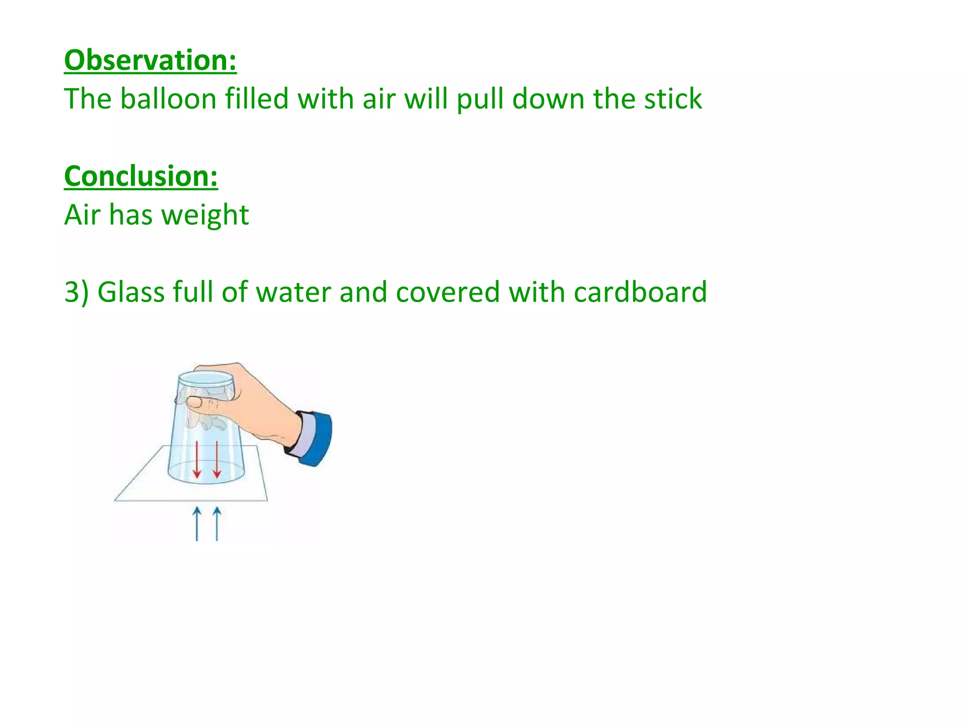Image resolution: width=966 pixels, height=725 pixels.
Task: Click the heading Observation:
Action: coord(150,60)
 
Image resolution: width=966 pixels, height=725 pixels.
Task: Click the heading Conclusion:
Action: coord(141,176)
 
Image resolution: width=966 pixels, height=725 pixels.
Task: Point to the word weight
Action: coord(205,215)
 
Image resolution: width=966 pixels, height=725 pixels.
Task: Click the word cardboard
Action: coord(640,292)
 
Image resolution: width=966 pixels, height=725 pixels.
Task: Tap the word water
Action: coord(293,292)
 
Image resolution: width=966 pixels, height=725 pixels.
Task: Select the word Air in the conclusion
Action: coord(82,215)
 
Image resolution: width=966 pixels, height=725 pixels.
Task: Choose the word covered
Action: coord(448,292)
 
